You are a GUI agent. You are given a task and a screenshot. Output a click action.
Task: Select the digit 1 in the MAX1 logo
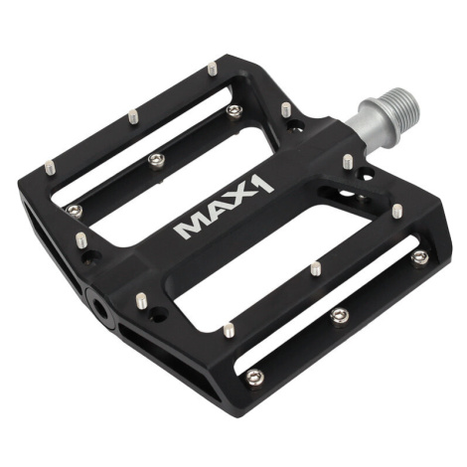tap(262, 186)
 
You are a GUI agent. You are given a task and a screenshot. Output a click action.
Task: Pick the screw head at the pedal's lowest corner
tap(255, 377)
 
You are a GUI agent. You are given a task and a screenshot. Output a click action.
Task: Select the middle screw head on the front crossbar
tap(340, 316)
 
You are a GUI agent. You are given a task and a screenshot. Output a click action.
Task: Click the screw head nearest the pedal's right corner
tap(420, 256)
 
